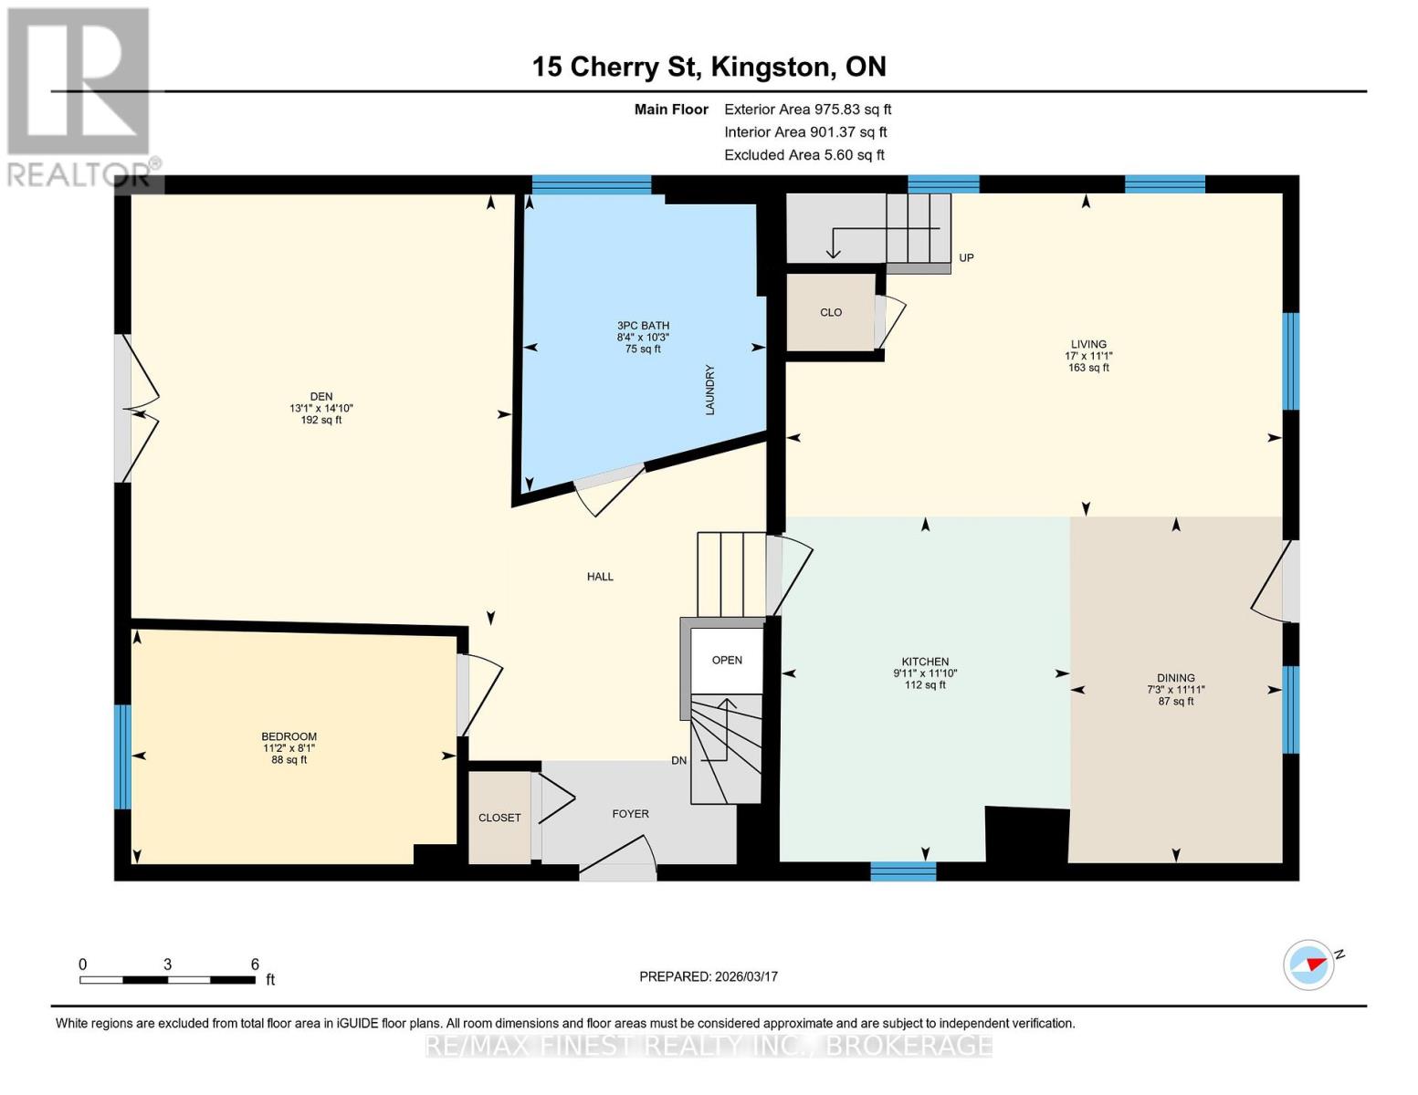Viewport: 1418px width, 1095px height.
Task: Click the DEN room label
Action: click(x=320, y=396)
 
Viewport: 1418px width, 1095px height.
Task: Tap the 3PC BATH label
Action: click(x=643, y=326)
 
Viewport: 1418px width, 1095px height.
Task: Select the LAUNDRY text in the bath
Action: click(x=709, y=391)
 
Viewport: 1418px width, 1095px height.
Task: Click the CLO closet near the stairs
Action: click(x=831, y=312)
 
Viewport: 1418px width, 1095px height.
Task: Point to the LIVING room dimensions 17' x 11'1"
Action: click(x=1088, y=356)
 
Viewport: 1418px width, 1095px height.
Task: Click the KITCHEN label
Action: click(x=925, y=662)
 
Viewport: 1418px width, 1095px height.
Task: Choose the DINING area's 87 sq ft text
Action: click(x=1176, y=702)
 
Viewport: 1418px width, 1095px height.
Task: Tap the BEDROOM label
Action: click(x=289, y=736)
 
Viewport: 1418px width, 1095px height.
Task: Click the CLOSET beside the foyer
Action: click(x=499, y=818)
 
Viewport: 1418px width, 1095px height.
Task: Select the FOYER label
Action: click(x=630, y=814)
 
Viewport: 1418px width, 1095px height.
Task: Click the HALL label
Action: click(x=600, y=577)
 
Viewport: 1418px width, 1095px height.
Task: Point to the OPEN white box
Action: click(x=727, y=660)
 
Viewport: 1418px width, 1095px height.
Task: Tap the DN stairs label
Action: click(x=678, y=761)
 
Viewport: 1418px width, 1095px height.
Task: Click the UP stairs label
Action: click(x=966, y=258)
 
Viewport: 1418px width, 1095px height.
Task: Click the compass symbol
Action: click(x=1308, y=965)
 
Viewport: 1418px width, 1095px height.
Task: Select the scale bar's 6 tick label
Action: click(x=255, y=965)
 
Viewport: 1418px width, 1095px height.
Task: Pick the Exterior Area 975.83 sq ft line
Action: click(x=807, y=109)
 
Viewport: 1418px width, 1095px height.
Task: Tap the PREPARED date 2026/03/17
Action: click(x=709, y=976)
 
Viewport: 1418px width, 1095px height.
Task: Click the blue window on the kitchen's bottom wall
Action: click(x=903, y=871)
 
